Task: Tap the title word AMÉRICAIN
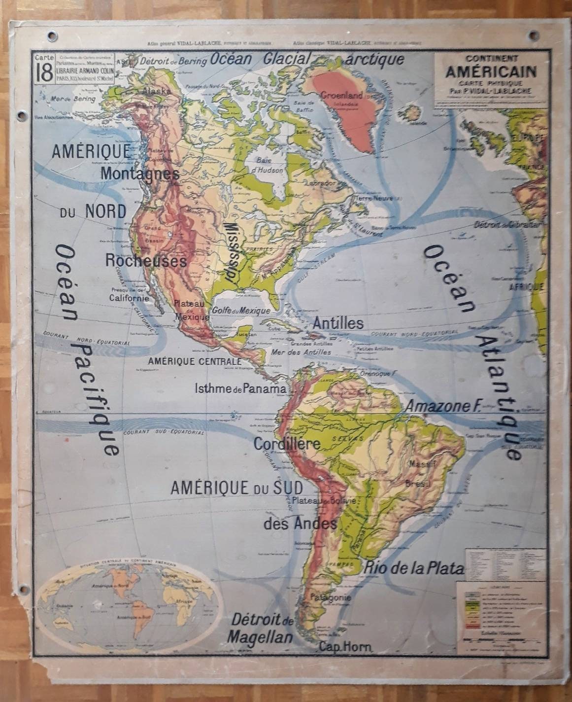tap(491, 71)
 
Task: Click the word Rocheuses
tap(146, 261)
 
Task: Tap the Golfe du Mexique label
tap(241, 311)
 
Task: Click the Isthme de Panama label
tap(240, 389)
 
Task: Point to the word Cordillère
tap(287, 444)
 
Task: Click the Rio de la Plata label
tap(414, 568)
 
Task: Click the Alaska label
tap(156, 92)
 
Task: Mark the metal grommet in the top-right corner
tap(533, 35)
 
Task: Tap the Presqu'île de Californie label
tap(129, 294)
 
